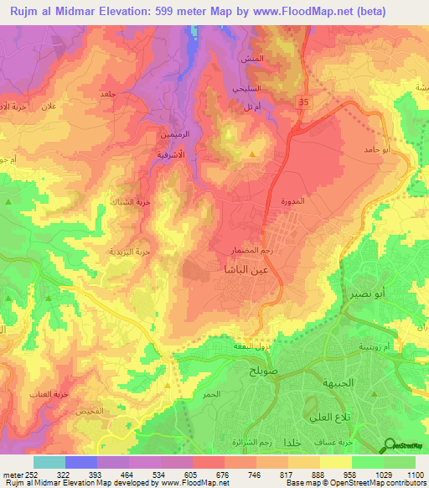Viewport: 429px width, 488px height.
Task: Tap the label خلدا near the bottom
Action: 293,442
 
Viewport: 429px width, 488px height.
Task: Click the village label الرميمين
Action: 165,133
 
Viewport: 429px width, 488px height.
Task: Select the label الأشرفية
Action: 166,155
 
